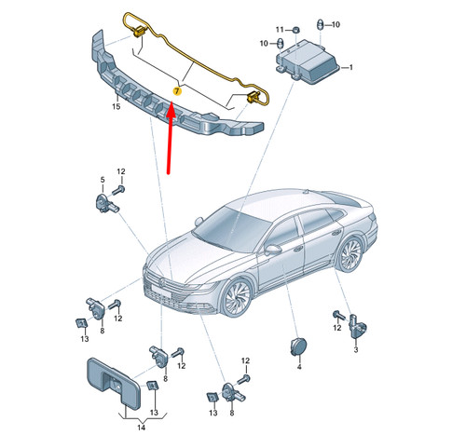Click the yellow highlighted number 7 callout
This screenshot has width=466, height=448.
(x=176, y=92)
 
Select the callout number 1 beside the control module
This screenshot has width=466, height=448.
(x=351, y=68)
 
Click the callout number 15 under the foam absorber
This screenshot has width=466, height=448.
(x=116, y=108)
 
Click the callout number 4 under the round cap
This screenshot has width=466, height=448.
(x=299, y=368)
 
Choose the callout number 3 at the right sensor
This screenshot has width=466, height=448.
(x=355, y=349)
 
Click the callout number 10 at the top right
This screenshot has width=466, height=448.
(x=336, y=23)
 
